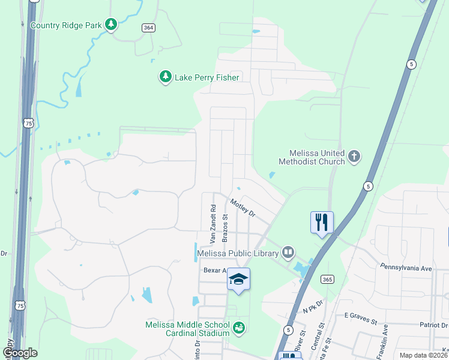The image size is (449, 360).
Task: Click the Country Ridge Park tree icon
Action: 110,25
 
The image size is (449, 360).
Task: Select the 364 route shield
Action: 148,28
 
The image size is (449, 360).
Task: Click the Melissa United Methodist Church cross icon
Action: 354,157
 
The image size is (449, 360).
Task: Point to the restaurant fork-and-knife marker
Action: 322,223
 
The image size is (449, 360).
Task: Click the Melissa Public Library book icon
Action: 289,253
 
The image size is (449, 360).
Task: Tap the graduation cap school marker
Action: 238,280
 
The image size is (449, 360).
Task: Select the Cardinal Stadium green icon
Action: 240,328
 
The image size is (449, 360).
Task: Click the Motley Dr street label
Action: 243,208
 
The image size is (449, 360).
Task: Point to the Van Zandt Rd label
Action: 212,223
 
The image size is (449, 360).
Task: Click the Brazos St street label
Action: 225,227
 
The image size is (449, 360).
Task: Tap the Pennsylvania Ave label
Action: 406,268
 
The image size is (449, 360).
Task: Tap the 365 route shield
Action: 327,279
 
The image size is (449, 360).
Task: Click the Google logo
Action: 20,353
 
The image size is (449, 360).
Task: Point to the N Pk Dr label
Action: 313,310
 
